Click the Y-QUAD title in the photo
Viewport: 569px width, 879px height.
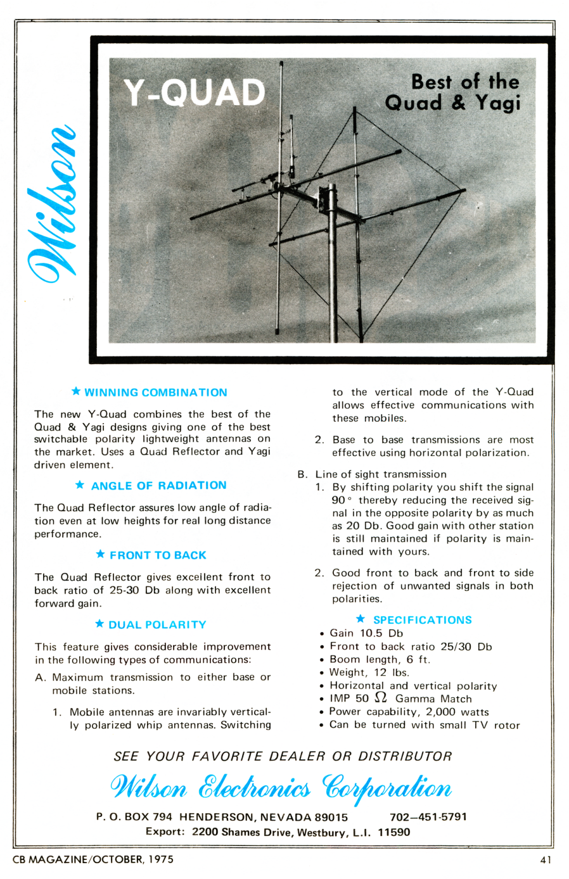pos(194,93)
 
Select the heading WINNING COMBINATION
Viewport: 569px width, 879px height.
pos(155,393)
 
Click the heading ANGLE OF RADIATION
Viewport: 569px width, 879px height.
pos(158,486)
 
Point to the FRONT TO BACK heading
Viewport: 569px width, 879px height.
pos(158,555)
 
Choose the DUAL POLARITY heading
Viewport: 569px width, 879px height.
pos(157,625)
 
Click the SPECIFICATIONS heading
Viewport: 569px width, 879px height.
pos(422,620)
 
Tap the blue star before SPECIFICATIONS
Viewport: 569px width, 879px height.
pos(361,619)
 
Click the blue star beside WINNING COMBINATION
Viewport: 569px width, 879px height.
pos(76,391)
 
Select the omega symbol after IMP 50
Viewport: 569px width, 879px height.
pos(381,698)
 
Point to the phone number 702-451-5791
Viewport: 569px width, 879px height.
pos(428,817)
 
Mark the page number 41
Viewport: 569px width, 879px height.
pos(546,860)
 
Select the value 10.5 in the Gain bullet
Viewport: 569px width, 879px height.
pos(371,633)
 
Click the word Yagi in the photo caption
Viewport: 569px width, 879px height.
pos(498,103)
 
